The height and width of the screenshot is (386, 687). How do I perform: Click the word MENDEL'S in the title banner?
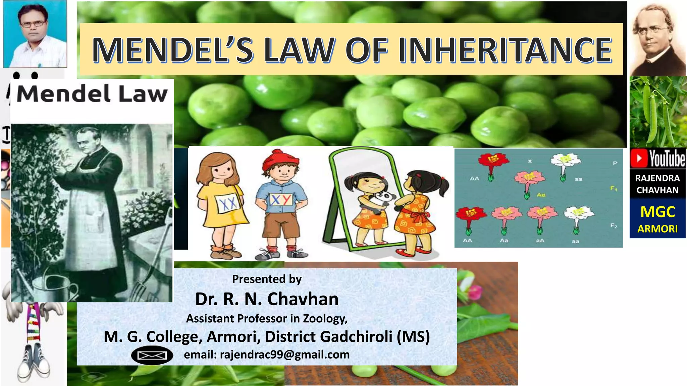173,50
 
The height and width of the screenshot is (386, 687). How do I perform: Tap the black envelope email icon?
152,355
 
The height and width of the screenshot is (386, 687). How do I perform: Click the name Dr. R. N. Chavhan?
267,299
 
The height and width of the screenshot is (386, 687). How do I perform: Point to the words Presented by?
267,279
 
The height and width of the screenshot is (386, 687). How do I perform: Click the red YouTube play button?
639,159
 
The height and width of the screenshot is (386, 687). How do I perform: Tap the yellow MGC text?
657,212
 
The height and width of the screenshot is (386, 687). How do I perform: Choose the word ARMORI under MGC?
657,229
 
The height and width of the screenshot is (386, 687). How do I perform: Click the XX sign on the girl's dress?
228,203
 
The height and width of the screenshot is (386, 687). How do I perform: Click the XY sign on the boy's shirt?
281,200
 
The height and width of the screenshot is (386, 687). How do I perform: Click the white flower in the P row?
566,160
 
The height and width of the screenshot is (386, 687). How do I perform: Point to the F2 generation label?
614,226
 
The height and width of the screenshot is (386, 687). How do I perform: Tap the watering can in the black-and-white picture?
54,286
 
